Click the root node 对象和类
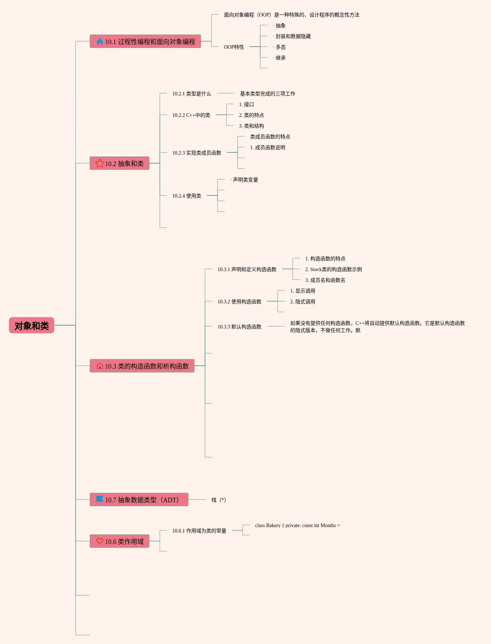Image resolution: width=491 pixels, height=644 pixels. coord(32,326)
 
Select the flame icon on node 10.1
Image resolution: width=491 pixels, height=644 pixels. coord(100,41)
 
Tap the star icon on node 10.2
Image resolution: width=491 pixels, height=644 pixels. coord(100,163)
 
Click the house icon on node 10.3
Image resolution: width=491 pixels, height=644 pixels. coord(100,366)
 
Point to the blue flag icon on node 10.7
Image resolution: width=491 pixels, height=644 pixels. coord(100,499)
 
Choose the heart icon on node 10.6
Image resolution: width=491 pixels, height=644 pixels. coord(100,541)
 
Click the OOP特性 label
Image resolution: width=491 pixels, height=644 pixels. coord(234,47)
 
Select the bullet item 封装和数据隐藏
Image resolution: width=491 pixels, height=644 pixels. coord(293,36)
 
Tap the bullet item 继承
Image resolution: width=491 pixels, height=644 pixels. coord(280,58)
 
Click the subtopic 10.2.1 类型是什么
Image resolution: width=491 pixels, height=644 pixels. coord(191,94)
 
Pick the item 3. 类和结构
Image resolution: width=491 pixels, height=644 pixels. coord(251,126)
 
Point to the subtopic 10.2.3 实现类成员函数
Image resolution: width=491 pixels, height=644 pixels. coord(197,153)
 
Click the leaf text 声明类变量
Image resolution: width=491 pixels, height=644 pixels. coord(245,180)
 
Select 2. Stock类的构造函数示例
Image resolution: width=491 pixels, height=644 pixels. coord(333,269)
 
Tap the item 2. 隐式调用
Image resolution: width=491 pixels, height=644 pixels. coord(302,302)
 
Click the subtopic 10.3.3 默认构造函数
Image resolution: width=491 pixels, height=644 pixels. coord(239,327)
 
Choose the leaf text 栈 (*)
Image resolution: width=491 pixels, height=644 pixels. coord(219,500)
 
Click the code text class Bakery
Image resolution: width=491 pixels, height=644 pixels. coord(297,525)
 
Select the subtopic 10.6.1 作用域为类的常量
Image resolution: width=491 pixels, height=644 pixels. coord(199,531)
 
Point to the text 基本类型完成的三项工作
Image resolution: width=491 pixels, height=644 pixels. coord(267,94)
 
